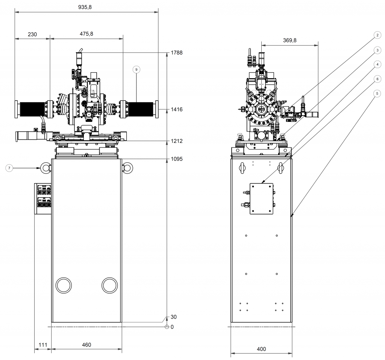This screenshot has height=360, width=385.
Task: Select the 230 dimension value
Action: (32, 34)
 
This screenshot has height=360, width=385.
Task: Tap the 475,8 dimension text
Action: (86, 34)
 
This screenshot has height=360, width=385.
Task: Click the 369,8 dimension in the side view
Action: (289, 41)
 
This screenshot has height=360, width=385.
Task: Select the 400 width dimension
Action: (261, 349)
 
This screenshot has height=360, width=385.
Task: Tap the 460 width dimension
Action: (86, 345)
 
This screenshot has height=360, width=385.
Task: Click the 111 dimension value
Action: (42, 345)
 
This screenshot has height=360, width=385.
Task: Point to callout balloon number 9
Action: (136, 69)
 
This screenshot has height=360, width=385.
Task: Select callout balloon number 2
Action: (377, 35)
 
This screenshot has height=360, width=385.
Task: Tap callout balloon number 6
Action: (377, 79)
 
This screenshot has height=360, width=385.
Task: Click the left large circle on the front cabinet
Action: (64, 286)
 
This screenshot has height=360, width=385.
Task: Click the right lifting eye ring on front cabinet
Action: (127, 168)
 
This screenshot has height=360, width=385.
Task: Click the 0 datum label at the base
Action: (172, 327)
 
